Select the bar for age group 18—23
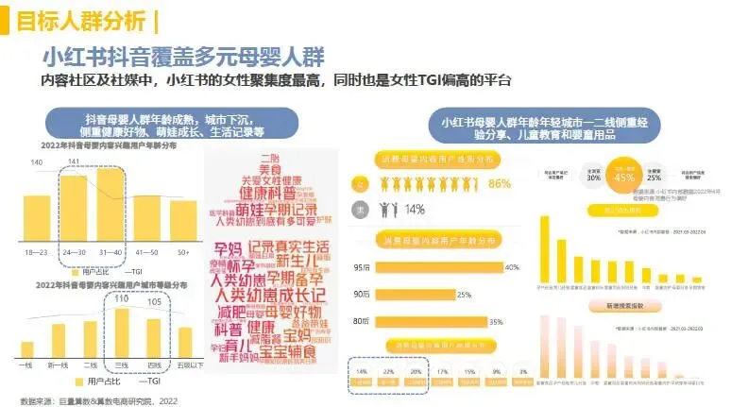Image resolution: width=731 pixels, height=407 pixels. pyautogui.click(x=37, y=210)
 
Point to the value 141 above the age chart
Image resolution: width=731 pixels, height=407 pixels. pyautogui.click(x=73, y=162)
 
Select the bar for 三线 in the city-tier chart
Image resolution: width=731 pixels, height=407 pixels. pyautogui.click(x=120, y=331)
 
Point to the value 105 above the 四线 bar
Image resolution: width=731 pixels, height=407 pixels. pyautogui.click(x=155, y=302)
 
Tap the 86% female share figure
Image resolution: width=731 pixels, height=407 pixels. pyautogui.click(x=500, y=183)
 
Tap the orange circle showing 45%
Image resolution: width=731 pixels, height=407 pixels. pyautogui.click(x=624, y=177)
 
